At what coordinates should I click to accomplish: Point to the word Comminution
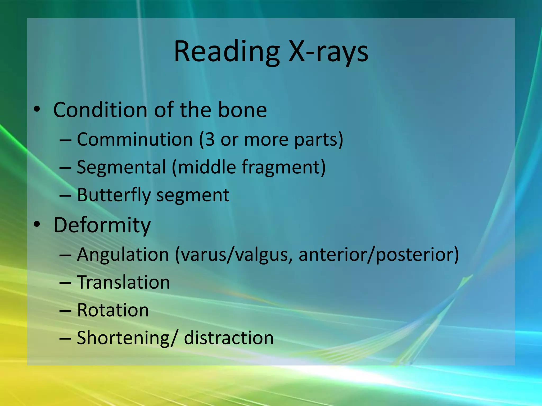pos(135,139)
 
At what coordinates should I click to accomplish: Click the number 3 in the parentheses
pos(210,139)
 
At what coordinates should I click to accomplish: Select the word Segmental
pos(121,167)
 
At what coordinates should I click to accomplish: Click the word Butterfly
pos(114,195)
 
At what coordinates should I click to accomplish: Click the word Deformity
pos(102,225)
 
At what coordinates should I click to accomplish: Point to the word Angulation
pos(123,255)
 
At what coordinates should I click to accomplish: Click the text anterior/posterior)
pos(379,255)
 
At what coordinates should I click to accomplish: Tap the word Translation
pos(123,282)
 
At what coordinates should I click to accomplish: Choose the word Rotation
pos(113,310)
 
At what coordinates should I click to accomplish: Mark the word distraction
pos(229,338)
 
